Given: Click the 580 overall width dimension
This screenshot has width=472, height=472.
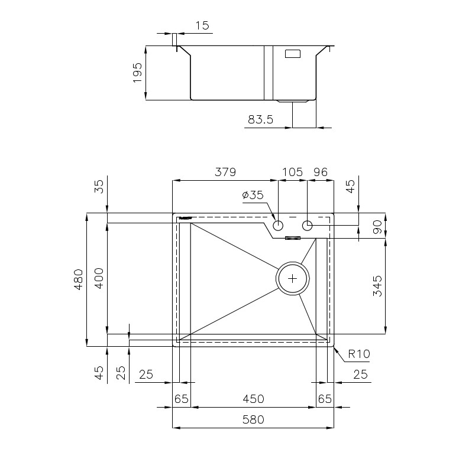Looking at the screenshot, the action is click(x=253, y=419).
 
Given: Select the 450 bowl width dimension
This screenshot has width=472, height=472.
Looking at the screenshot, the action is click(x=254, y=399).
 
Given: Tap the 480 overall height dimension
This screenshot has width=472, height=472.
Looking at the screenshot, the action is click(x=78, y=279).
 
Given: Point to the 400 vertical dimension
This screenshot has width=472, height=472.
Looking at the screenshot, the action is click(x=99, y=278).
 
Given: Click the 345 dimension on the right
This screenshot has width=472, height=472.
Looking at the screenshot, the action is click(x=377, y=286).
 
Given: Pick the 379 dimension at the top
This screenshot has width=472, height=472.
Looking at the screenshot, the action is click(x=225, y=172).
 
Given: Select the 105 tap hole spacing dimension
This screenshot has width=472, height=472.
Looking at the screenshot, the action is click(x=292, y=172).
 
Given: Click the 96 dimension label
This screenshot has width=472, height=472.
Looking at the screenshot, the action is click(x=320, y=172).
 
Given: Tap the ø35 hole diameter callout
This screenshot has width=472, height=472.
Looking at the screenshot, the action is click(x=253, y=195).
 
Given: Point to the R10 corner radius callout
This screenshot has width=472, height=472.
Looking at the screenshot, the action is click(x=358, y=354).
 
